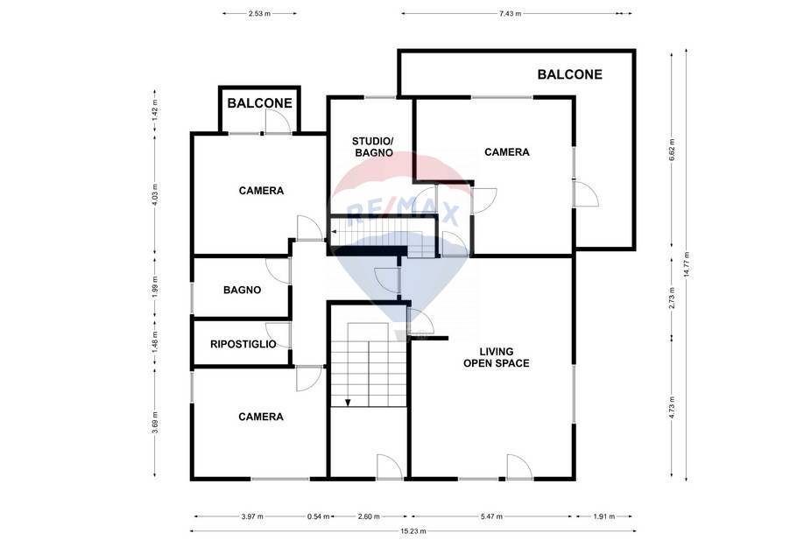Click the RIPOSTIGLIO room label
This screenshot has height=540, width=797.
point(243,344)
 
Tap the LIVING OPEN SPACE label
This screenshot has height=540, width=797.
point(496,357)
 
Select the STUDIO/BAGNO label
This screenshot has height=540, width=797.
point(373,147)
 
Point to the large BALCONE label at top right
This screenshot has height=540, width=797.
point(570,74)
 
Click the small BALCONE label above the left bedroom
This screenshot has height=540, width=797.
point(260,103)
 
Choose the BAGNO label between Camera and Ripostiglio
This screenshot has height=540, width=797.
point(242,290)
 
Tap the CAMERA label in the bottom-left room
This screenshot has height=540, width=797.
point(261,417)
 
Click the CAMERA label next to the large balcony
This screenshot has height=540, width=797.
point(507,152)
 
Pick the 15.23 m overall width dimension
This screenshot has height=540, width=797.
point(413,531)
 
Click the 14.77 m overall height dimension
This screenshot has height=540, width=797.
point(686,264)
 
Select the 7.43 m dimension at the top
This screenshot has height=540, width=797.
point(511,14)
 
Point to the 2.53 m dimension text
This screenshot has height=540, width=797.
point(259,14)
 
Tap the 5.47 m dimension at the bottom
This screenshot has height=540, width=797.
point(491,516)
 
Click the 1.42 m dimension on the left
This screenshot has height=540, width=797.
point(155,109)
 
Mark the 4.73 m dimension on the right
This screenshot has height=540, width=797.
point(672,408)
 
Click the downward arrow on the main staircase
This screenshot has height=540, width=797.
point(348,403)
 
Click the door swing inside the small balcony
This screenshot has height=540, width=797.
point(278,122)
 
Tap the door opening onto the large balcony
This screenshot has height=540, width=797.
point(586,193)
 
